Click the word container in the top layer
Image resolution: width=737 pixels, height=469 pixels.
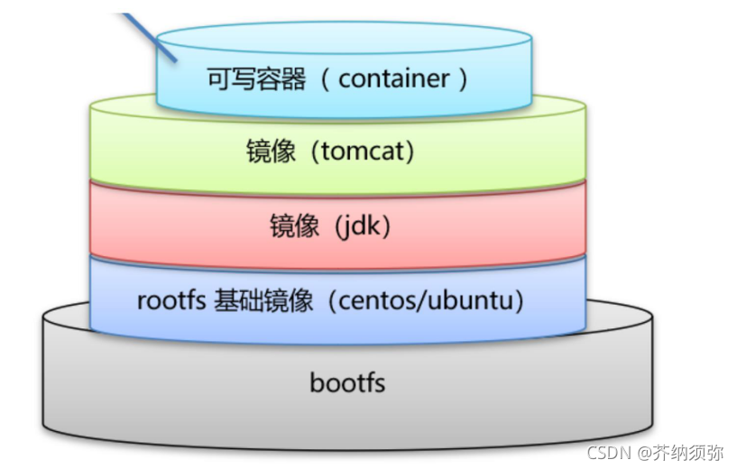point(393,78)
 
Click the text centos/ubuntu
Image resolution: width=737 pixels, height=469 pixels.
point(425,299)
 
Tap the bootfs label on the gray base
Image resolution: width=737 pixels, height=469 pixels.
point(347,382)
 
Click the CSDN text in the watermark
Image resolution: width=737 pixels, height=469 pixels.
point(606,452)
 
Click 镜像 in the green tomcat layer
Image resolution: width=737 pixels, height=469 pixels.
point(271,152)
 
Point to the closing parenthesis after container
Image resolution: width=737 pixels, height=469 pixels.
point(463,78)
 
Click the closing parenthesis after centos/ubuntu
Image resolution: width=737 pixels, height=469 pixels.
point(519,299)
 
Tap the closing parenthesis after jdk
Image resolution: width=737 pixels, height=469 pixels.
point(386,225)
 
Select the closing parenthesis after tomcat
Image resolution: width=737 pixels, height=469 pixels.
point(409,152)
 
